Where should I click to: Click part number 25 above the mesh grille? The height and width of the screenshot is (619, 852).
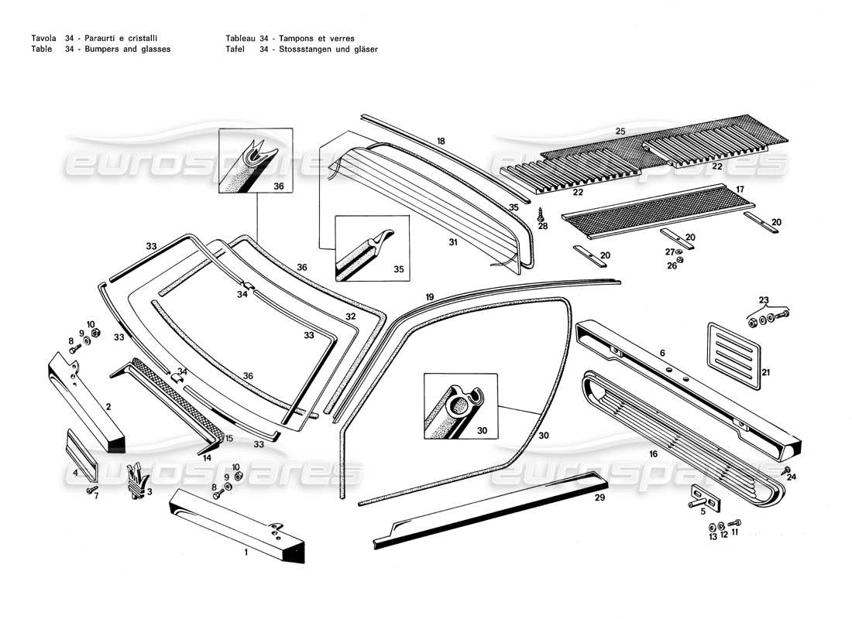[620, 130]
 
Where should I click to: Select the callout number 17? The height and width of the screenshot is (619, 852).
[740, 189]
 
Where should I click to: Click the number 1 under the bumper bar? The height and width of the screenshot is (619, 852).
[246, 552]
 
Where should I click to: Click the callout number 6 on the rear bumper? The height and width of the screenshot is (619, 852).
[662, 353]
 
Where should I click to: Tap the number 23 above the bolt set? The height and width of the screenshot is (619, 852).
[764, 301]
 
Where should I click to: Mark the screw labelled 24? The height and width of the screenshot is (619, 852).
[786, 470]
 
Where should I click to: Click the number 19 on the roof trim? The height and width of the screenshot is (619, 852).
[429, 296]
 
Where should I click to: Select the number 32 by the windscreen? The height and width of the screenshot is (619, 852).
[350, 317]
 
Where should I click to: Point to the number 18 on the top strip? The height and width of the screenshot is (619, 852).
[441, 142]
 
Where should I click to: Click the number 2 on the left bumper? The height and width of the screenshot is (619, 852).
[108, 406]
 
